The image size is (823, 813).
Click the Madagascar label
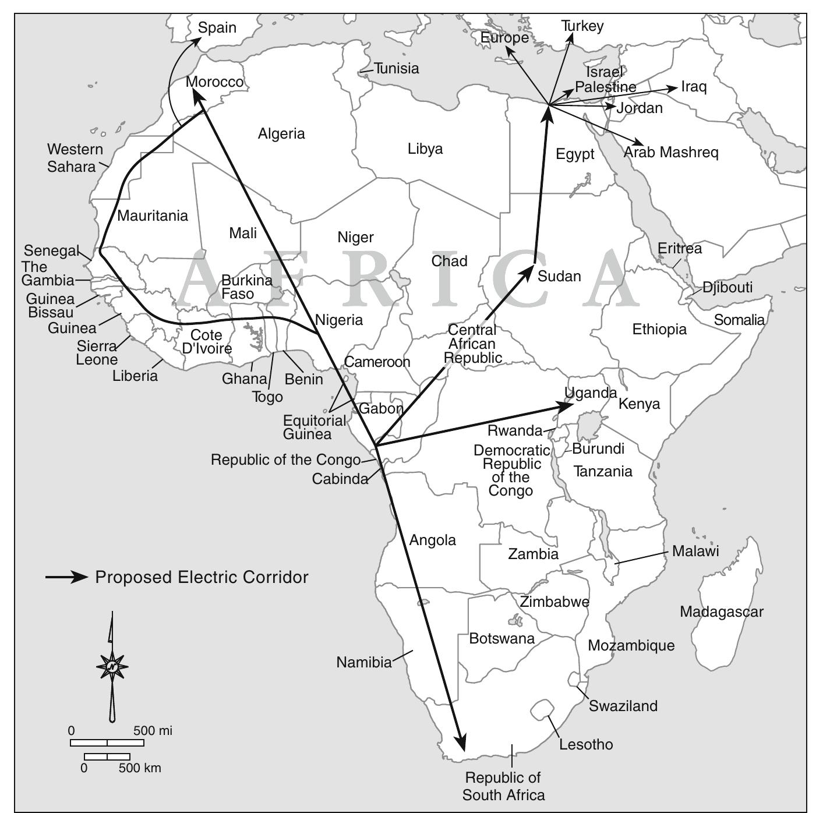point(721,612)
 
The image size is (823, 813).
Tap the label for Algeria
point(281,134)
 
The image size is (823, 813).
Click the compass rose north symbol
point(112,666)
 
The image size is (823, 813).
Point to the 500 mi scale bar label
point(153,731)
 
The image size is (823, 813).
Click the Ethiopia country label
point(659,330)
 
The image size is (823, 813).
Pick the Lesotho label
point(586,744)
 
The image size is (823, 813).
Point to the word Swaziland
point(623,706)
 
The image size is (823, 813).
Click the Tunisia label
point(397,69)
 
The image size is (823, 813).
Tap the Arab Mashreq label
point(671,153)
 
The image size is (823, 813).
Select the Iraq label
point(694,87)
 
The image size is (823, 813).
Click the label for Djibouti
point(727,287)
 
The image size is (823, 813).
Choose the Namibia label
point(364,662)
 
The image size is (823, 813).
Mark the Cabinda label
point(340,479)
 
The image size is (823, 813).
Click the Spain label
point(217,28)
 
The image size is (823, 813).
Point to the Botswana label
point(501,639)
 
